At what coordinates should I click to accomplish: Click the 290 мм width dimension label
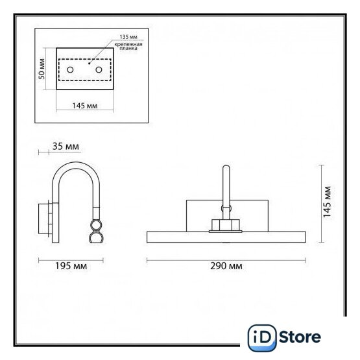pyautogui.click(x=226, y=266)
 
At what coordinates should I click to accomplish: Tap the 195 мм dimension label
pyautogui.click(x=71, y=266)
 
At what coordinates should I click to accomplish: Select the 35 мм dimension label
pyautogui.click(x=66, y=146)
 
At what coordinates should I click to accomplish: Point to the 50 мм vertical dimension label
pyautogui.click(x=42, y=69)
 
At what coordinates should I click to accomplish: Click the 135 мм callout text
pyautogui.click(x=128, y=37)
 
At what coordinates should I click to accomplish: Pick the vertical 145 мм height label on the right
pyautogui.click(x=327, y=202)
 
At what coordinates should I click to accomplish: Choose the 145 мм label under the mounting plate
pyautogui.click(x=85, y=106)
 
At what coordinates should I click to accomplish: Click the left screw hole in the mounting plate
pyautogui.click(x=70, y=69)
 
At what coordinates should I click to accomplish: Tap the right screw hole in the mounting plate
pyautogui.click(x=99, y=69)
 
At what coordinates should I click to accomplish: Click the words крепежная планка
pyautogui.click(x=128, y=46)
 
